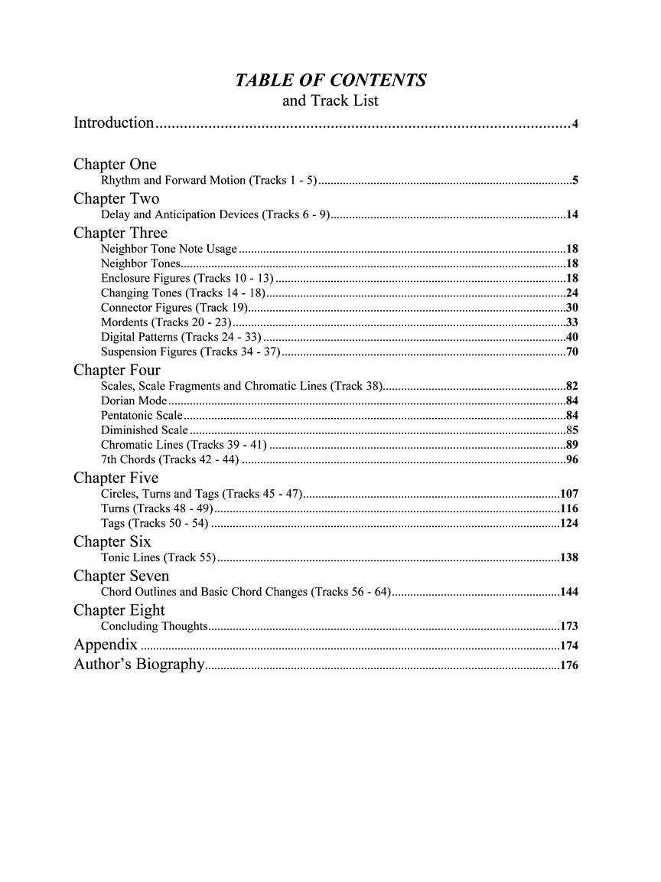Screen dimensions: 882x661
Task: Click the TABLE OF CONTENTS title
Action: [x=330, y=80]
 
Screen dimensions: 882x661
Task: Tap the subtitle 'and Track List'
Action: [x=330, y=100]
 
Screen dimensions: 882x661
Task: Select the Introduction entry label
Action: [x=114, y=122]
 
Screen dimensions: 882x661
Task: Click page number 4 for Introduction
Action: [x=575, y=124]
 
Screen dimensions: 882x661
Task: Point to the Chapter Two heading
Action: [x=116, y=198]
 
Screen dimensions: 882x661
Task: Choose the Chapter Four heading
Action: [x=117, y=370]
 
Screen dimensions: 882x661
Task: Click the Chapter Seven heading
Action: [x=121, y=576]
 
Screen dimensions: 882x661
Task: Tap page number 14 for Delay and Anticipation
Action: [x=571, y=215]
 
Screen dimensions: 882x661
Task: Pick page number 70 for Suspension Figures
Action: [x=571, y=352]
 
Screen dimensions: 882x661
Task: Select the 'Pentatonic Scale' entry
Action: [x=142, y=415]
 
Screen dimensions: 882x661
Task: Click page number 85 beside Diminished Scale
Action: [x=571, y=430]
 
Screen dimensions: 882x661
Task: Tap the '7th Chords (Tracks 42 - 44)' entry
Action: [x=170, y=459]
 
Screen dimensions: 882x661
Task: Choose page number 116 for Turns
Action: [x=568, y=509]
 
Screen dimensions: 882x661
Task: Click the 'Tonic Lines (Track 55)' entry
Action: [x=158, y=557]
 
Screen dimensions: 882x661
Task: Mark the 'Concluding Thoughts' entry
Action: [x=154, y=626]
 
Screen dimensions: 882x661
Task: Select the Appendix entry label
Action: [x=106, y=644]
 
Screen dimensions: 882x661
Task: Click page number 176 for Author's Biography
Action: [x=568, y=666]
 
